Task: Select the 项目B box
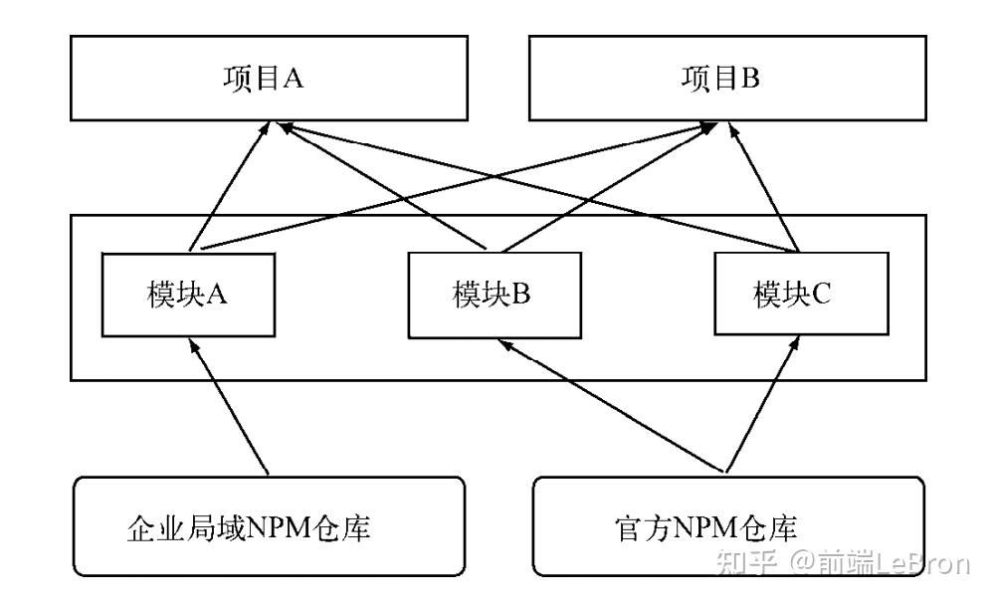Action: pos(720,79)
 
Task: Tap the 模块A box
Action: pos(188,295)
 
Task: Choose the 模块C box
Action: pos(791,295)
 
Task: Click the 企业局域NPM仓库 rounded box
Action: pos(270,526)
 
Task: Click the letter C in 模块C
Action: pos(821,295)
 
